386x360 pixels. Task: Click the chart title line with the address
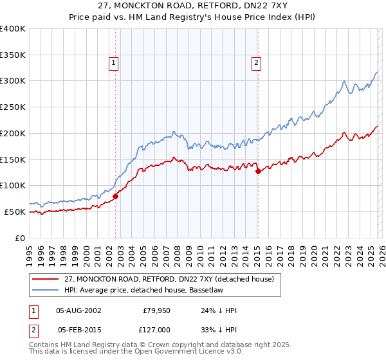point(192,7)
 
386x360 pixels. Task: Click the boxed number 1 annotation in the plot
point(113,62)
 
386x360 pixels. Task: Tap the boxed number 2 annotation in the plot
point(256,62)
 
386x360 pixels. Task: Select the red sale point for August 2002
point(116,196)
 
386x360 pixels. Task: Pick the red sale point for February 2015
point(258,172)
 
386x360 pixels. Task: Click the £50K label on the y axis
point(15,212)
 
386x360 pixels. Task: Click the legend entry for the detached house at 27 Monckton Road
point(169,279)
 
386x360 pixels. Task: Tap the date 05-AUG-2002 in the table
point(78,310)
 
